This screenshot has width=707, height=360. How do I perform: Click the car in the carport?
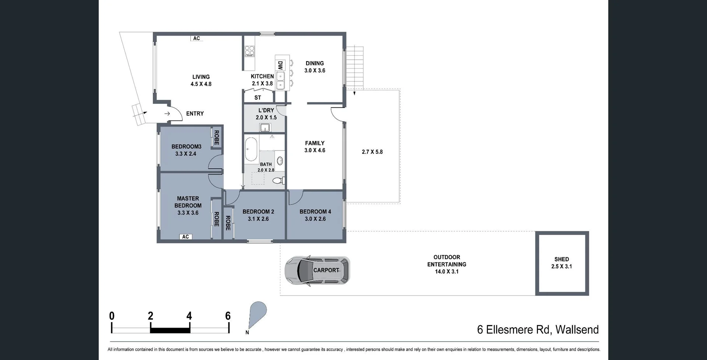317,271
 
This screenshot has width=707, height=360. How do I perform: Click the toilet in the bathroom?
278,181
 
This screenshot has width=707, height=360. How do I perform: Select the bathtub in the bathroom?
251,149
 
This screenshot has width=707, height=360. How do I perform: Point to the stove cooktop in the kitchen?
250,50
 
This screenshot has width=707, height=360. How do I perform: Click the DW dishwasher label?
280,66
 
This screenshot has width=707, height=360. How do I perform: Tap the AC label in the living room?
197,38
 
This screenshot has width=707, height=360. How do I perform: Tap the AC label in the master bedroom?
186,237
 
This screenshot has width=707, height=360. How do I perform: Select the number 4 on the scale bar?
189,316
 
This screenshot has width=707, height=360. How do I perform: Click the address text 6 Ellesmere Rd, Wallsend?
538,329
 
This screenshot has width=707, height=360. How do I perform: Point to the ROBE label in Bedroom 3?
217,137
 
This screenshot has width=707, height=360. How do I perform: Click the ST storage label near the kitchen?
258,98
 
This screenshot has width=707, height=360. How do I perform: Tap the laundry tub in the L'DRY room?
265,128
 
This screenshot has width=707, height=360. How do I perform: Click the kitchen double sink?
280,81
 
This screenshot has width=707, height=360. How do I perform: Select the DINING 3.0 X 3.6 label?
314,67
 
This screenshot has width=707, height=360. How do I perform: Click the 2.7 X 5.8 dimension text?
372,152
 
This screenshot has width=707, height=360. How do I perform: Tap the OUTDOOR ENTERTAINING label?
446,264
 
